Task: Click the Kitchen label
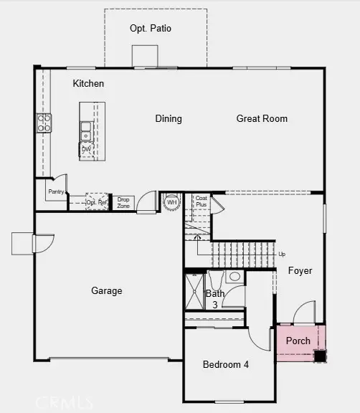[x=88, y=84]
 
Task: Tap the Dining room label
[x=169, y=119]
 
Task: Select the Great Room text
[x=262, y=119]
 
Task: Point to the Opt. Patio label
[x=151, y=29]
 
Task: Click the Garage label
[x=106, y=291]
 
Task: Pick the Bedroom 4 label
[x=226, y=364]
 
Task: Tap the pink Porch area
[x=298, y=341]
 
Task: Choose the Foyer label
[x=300, y=271]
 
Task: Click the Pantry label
[x=56, y=192]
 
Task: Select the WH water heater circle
[x=172, y=202]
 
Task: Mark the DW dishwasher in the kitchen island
[x=86, y=149]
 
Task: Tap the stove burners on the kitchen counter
[x=44, y=123]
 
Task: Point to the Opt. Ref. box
[x=97, y=202]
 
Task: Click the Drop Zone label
[x=124, y=202]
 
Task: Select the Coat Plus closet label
[x=202, y=201]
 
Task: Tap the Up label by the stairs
[x=281, y=255]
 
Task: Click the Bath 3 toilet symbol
[x=234, y=277]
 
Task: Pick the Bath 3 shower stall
[x=195, y=290]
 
